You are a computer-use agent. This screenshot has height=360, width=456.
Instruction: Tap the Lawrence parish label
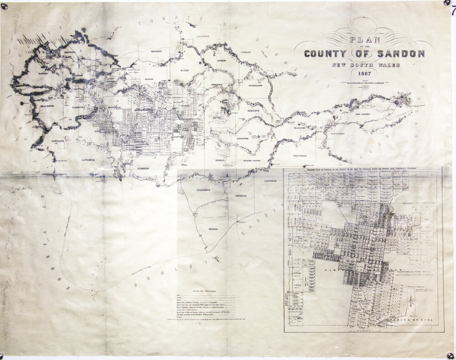(x=85, y=160)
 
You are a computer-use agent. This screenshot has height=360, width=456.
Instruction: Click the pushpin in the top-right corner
(x=447, y=4)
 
